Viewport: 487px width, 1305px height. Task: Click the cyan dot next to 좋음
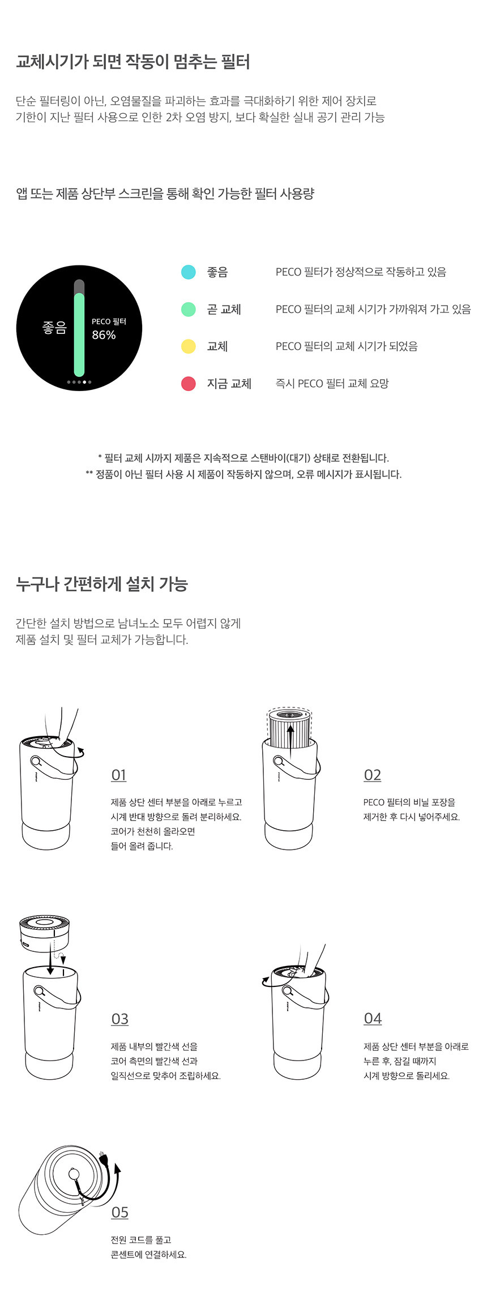click(x=188, y=272)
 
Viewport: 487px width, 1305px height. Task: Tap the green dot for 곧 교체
click(x=188, y=310)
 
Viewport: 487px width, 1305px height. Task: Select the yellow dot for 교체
click(x=188, y=346)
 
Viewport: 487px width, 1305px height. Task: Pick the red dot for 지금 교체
click(x=188, y=384)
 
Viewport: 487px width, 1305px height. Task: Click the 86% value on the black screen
click(x=104, y=335)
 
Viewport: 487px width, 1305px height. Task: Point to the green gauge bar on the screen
click(x=79, y=334)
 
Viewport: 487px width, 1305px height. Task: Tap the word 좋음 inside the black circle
click(x=54, y=328)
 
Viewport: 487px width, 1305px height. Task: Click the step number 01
click(x=119, y=775)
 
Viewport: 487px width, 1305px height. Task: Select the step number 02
click(x=372, y=775)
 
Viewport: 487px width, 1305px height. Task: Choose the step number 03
click(x=119, y=1019)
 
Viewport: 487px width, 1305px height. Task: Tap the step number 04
click(x=373, y=1019)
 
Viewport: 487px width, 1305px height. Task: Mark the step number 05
click(x=119, y=1212)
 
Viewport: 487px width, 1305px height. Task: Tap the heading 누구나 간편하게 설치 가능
click(x=102, y=584)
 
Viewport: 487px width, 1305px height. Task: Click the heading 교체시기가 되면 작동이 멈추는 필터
click(x=133, y=61)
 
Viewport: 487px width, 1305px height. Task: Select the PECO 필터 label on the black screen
click(x=109, y=321)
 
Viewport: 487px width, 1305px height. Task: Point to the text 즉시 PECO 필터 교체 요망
click(x=332, y=384)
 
